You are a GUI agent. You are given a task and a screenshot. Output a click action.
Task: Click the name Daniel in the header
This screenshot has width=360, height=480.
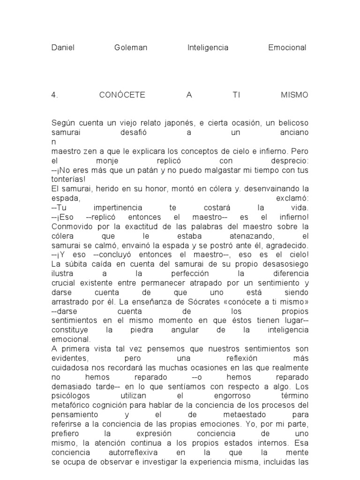63,48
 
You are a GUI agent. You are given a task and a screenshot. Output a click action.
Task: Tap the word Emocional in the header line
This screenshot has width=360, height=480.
287,48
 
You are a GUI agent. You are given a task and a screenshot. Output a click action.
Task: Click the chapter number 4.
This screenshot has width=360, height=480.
54,95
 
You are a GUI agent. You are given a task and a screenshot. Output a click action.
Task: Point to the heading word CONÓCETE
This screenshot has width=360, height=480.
122,95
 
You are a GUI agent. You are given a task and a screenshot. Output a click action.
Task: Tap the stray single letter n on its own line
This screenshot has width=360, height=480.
54,141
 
